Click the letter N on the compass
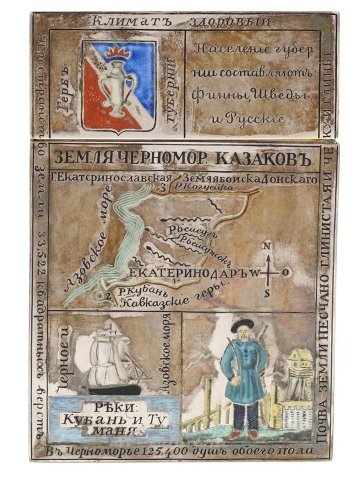point(267,245)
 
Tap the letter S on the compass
point(267,294)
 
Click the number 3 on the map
point(162,188)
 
